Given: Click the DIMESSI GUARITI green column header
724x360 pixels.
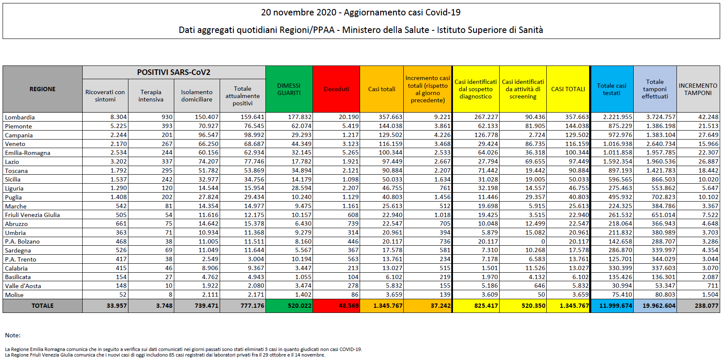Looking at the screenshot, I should click(289, 89).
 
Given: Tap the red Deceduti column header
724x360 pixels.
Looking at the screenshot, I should click(336, 89).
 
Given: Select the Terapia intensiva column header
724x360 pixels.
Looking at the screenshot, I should click(151, 95).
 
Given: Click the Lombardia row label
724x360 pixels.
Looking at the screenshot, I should click(20, 117).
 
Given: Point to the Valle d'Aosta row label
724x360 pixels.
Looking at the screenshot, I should click(23, 286).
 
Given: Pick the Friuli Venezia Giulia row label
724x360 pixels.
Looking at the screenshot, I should click(33, 215).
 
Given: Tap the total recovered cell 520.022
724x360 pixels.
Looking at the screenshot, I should click(300, 306).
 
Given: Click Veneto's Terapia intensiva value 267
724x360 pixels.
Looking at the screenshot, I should click(167, 144).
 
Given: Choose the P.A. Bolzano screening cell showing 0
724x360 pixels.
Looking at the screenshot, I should click(543, 241).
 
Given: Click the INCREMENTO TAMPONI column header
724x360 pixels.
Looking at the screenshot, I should click(698, 89).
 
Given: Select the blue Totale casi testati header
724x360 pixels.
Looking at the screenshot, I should click(611, 89).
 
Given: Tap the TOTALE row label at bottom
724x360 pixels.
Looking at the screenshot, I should click(42, 306).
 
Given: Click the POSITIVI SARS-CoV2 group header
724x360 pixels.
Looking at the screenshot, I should click(174, 72).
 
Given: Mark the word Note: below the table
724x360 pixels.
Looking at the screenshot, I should click(13, 335).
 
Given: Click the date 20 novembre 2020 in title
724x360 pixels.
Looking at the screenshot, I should click(299, 12).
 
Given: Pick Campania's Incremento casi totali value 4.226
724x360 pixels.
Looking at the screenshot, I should click(442, 135).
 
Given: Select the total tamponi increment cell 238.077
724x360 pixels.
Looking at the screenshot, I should click(706, 306).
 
